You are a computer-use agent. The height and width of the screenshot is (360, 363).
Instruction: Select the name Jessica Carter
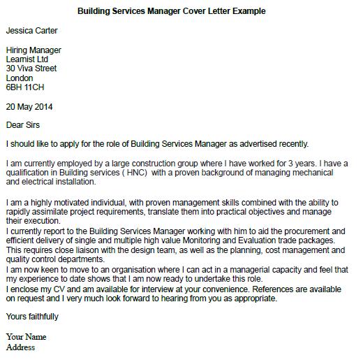pyautogui.click(x=32, y=31)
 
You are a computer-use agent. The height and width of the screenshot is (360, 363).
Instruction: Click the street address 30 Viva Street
pyautogui.click(x=31, y=69)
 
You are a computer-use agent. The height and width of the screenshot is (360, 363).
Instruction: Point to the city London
pyautogui.click(x=20, y=78)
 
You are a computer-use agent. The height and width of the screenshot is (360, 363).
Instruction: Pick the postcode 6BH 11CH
pyautogui.click(x=24, y=88)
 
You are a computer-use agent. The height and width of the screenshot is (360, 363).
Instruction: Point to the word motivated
pyautogui.click(x=69, y=202)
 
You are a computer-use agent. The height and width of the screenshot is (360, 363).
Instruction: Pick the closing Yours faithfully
pyautogui.click(x=32, y=317)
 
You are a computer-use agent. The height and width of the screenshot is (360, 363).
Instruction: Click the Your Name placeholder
pyautogui.click(x=27, y=337)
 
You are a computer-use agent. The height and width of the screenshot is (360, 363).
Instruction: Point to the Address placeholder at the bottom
pyautogui.click(x=20, y=347)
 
